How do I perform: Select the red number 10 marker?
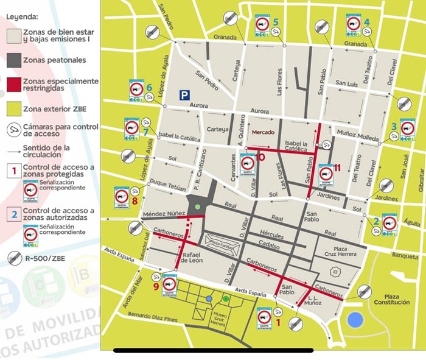click(262, 157)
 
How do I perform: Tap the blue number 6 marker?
click(150, 87)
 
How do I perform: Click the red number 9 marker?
click(157, 286)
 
